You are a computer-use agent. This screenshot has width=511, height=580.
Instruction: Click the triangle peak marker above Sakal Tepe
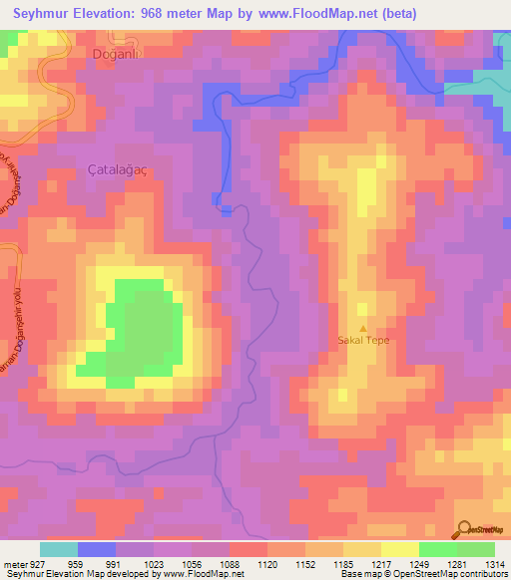pyautogui.click(x=362, y=328)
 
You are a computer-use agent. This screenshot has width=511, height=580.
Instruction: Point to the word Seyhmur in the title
pyautogui.click(x=47, y=13)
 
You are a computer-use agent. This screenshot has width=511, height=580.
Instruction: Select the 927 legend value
pyautogui.click(x=36, y=563)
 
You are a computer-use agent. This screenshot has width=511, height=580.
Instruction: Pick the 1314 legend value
pyautogui.click(x=495, y=563)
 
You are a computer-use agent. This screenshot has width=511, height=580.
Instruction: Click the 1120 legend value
pyautogui.click(x=266, y=563)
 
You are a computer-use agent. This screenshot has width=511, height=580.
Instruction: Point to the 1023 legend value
pyautogui.click(x=153, y=563)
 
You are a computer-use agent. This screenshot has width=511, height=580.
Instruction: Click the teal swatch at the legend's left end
pyautogui.click(x=59, y=549)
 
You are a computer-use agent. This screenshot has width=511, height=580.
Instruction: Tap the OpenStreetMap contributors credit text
pyautogui.click(x=458, y=574)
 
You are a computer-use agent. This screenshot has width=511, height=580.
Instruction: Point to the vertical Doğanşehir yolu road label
pyautogui.click(x=17, y=309)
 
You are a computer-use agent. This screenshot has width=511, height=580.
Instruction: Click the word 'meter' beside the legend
pyautogui.click(x=12, y=563)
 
